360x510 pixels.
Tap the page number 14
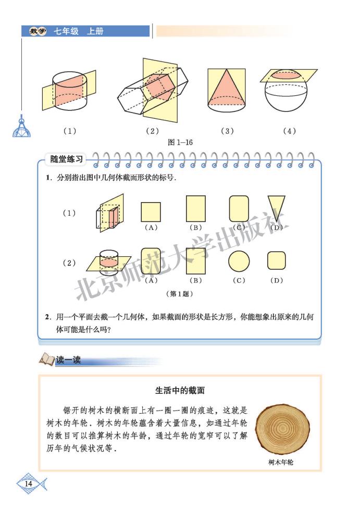click(28, 484)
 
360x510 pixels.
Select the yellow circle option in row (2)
click(239, 261)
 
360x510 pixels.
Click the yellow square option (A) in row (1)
click(151, 212)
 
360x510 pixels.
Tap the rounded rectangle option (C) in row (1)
click(239, 209)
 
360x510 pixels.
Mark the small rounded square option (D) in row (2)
click(277, 260)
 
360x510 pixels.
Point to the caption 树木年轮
click(281, 462)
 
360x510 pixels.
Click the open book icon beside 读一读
click(46, 359)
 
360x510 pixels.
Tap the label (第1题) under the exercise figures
click(179, 294)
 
